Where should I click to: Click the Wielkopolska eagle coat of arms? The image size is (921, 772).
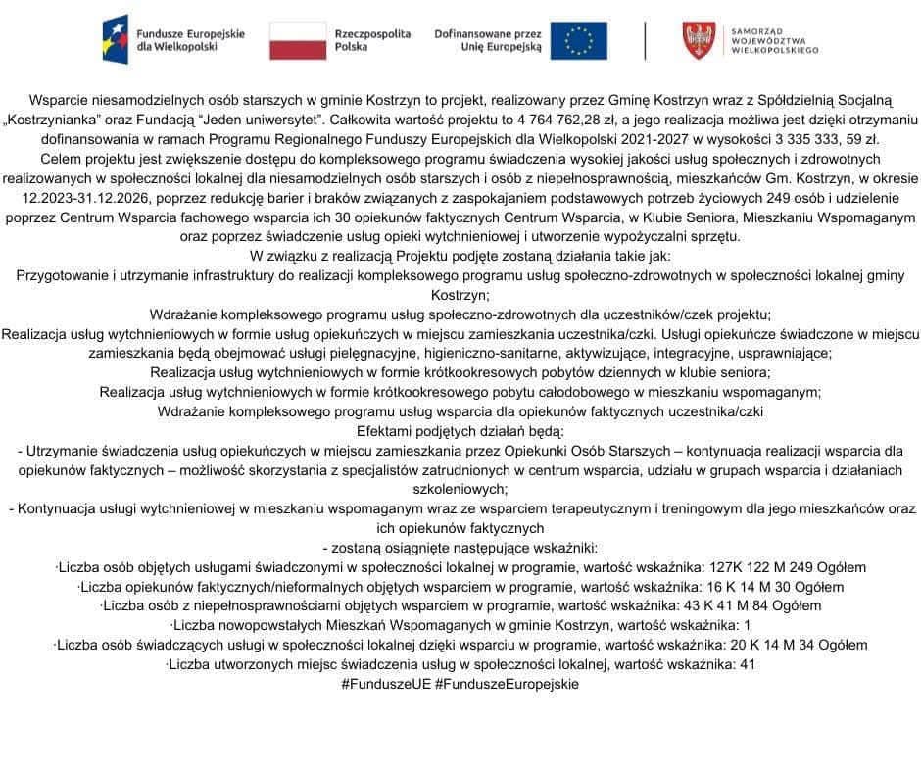699,40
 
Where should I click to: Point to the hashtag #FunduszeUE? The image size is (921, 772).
386,684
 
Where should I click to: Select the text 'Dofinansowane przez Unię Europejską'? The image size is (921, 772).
487,40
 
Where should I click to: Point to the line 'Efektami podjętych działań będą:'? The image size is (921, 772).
460,431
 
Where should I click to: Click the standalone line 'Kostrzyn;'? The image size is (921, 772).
460,294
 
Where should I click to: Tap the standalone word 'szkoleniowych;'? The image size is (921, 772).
460,489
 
